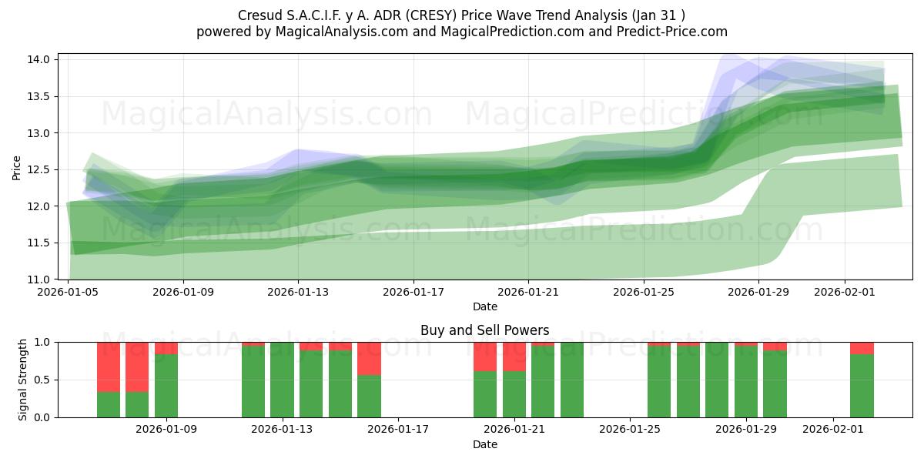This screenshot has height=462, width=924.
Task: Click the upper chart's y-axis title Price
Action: tap(17, 169)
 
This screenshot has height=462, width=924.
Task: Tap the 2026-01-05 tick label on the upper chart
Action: tap(69, 292)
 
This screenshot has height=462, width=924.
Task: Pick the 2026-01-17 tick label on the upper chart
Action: tap(413, 292)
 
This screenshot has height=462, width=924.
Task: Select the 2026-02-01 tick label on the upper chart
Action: tap(845, 292)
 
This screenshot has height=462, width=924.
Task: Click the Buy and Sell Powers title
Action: tap(484, 330)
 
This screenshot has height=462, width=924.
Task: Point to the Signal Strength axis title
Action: tap(23, 380)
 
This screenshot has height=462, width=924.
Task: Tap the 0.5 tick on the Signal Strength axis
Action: tap(42, 380)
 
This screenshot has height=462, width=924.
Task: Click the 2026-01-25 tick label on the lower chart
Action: tap(630, 430)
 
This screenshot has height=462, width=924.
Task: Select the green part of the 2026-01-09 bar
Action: tap(166, 385)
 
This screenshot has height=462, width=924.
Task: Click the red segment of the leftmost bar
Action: tap(109, 367)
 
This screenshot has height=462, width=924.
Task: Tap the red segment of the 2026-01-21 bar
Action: tap(514, 357)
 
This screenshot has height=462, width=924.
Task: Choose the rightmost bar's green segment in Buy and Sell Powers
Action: tap(862, 385)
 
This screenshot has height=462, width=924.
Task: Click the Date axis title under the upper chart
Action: tap(484, 306)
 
